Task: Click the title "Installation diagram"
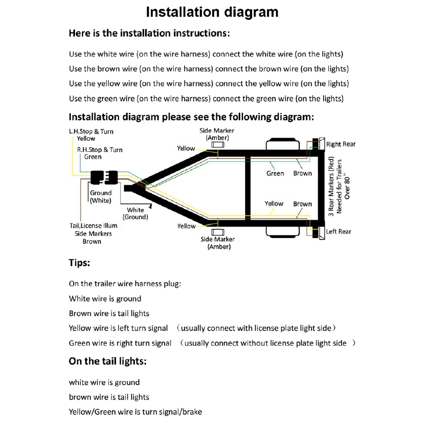pyautogui.click(x=212, y=12)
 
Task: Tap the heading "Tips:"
pyautogui.click(x=79, y=263)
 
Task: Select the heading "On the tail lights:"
pyautogui.click(x=107, y=361)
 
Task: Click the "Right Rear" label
pyautogui.click(x=340, y=144)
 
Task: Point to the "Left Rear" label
pyautogui.click(x=338, y=231)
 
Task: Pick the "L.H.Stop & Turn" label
pyautogui.click(x=91, y=132)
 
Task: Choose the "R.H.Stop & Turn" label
pyautogui.click(x=100, y=150)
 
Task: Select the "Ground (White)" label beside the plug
pyautogui.click(x=101, y=197)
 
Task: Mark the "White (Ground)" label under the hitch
pyautogui.click(x=135, y=213)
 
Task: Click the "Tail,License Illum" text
pyautogui.click(x=93, y=226)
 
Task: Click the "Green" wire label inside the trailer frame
pyautogui.click(x=275, y=173)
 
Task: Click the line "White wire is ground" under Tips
pyautogui.click(x=105, y=299)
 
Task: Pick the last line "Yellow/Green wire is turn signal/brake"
pyautogui.click(x=135, y=412)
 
